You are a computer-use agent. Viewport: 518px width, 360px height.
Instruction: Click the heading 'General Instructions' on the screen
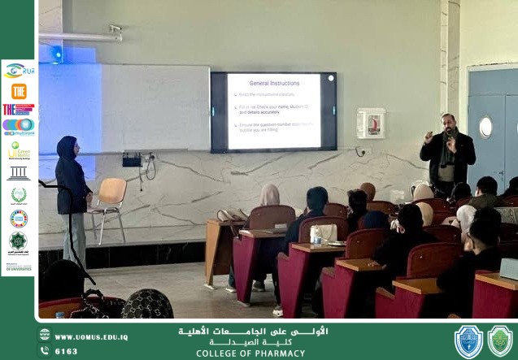[273, 84]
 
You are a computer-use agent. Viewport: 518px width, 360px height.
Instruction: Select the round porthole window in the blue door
[485, 128]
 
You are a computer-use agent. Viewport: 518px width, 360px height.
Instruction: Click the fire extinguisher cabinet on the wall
[370, 124]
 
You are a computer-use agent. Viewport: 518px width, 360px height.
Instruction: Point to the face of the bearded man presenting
[447, 124]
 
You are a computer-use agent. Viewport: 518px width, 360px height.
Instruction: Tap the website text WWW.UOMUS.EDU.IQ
[80, 336]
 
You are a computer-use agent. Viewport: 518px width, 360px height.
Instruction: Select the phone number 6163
[66, 351]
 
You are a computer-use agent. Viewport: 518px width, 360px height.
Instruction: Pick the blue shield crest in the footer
[468, 341]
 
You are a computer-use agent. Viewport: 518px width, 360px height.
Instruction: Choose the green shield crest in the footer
[499, 341]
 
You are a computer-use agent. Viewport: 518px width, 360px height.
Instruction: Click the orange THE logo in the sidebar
[18, 91]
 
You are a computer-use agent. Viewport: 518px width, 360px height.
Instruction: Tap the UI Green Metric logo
[18, 150]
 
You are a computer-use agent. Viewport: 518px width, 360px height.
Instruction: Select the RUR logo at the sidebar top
[18, 71]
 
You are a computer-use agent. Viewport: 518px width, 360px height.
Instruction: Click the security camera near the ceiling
[115, 31]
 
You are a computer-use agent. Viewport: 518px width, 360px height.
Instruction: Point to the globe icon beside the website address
[45, 336]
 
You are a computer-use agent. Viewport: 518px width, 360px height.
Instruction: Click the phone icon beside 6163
[45, 351]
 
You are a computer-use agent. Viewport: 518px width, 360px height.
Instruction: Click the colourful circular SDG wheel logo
[18, 218]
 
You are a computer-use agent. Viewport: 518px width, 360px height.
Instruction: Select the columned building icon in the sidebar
[18, 173]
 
